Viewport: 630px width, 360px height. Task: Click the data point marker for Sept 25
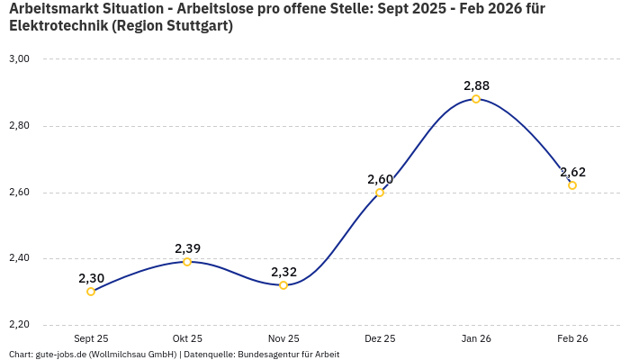[91, 292]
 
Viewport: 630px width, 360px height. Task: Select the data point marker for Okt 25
[187, 262]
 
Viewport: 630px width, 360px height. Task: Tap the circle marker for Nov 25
[283, 285]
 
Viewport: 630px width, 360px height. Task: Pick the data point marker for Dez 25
[380, 193]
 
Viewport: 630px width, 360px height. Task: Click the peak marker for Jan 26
[476, 99]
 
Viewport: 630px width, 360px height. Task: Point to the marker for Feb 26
[572, 185]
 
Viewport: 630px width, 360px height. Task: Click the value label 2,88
[476, 85]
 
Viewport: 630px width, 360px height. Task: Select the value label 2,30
[91, 278]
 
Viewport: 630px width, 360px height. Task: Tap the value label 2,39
[187, 248]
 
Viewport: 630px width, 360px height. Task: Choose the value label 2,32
[283, 272]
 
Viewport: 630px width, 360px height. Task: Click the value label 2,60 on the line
[380, 179]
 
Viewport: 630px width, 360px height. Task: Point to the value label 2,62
[572, 172]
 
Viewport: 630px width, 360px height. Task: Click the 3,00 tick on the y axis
[19, 59]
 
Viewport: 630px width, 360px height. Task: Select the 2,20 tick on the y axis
[19, 325]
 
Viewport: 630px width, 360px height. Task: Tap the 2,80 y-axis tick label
[19, 126]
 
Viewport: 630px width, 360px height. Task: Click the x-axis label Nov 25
[283, 338]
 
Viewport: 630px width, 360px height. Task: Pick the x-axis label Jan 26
[476, 338]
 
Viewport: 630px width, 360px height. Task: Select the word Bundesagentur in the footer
[265, 355]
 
